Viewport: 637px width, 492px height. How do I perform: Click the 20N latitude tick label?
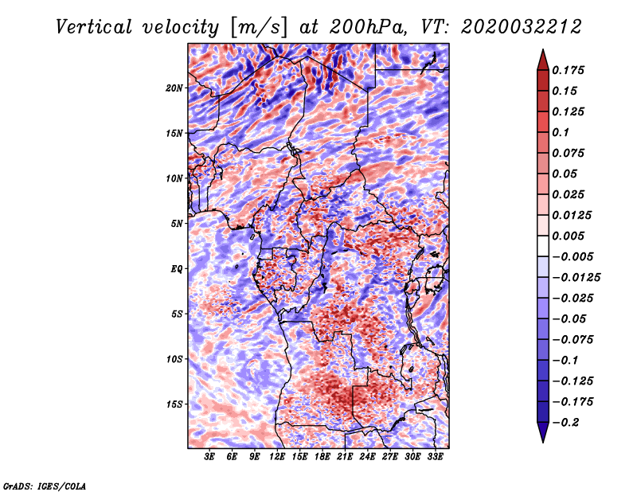pos(174,88)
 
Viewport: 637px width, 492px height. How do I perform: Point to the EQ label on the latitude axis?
pos(176,269)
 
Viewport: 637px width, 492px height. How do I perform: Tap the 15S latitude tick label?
pos(174,404)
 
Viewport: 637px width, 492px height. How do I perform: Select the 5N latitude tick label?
pos(177,224)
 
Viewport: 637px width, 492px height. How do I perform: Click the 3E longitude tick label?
pos(209,456)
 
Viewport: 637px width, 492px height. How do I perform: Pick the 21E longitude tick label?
pos(345,456)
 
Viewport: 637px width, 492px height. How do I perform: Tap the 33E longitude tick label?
pos(435,456)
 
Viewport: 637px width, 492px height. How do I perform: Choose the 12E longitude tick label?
pos(277,456)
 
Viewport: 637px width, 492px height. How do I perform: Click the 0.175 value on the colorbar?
pos(568,70)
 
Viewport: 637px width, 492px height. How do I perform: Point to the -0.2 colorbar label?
pos(565,423)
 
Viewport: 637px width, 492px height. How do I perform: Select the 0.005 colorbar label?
pos(568,236)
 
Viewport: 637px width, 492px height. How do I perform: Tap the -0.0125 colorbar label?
pos(576,278)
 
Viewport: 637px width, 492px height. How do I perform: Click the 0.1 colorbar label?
pos(561,132)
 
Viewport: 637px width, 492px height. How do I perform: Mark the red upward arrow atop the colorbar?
pos(543,61)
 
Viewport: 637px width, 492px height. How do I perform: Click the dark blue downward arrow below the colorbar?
pos(543,432)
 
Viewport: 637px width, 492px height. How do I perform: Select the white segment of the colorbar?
pos(543,246)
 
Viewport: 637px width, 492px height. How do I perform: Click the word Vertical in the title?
pos(94,27)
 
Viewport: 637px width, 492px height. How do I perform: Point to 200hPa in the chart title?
pos(368,27)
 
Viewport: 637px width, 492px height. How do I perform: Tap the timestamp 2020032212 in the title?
pos(522,27)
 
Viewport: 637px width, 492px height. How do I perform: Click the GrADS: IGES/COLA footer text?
pos(45,486)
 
